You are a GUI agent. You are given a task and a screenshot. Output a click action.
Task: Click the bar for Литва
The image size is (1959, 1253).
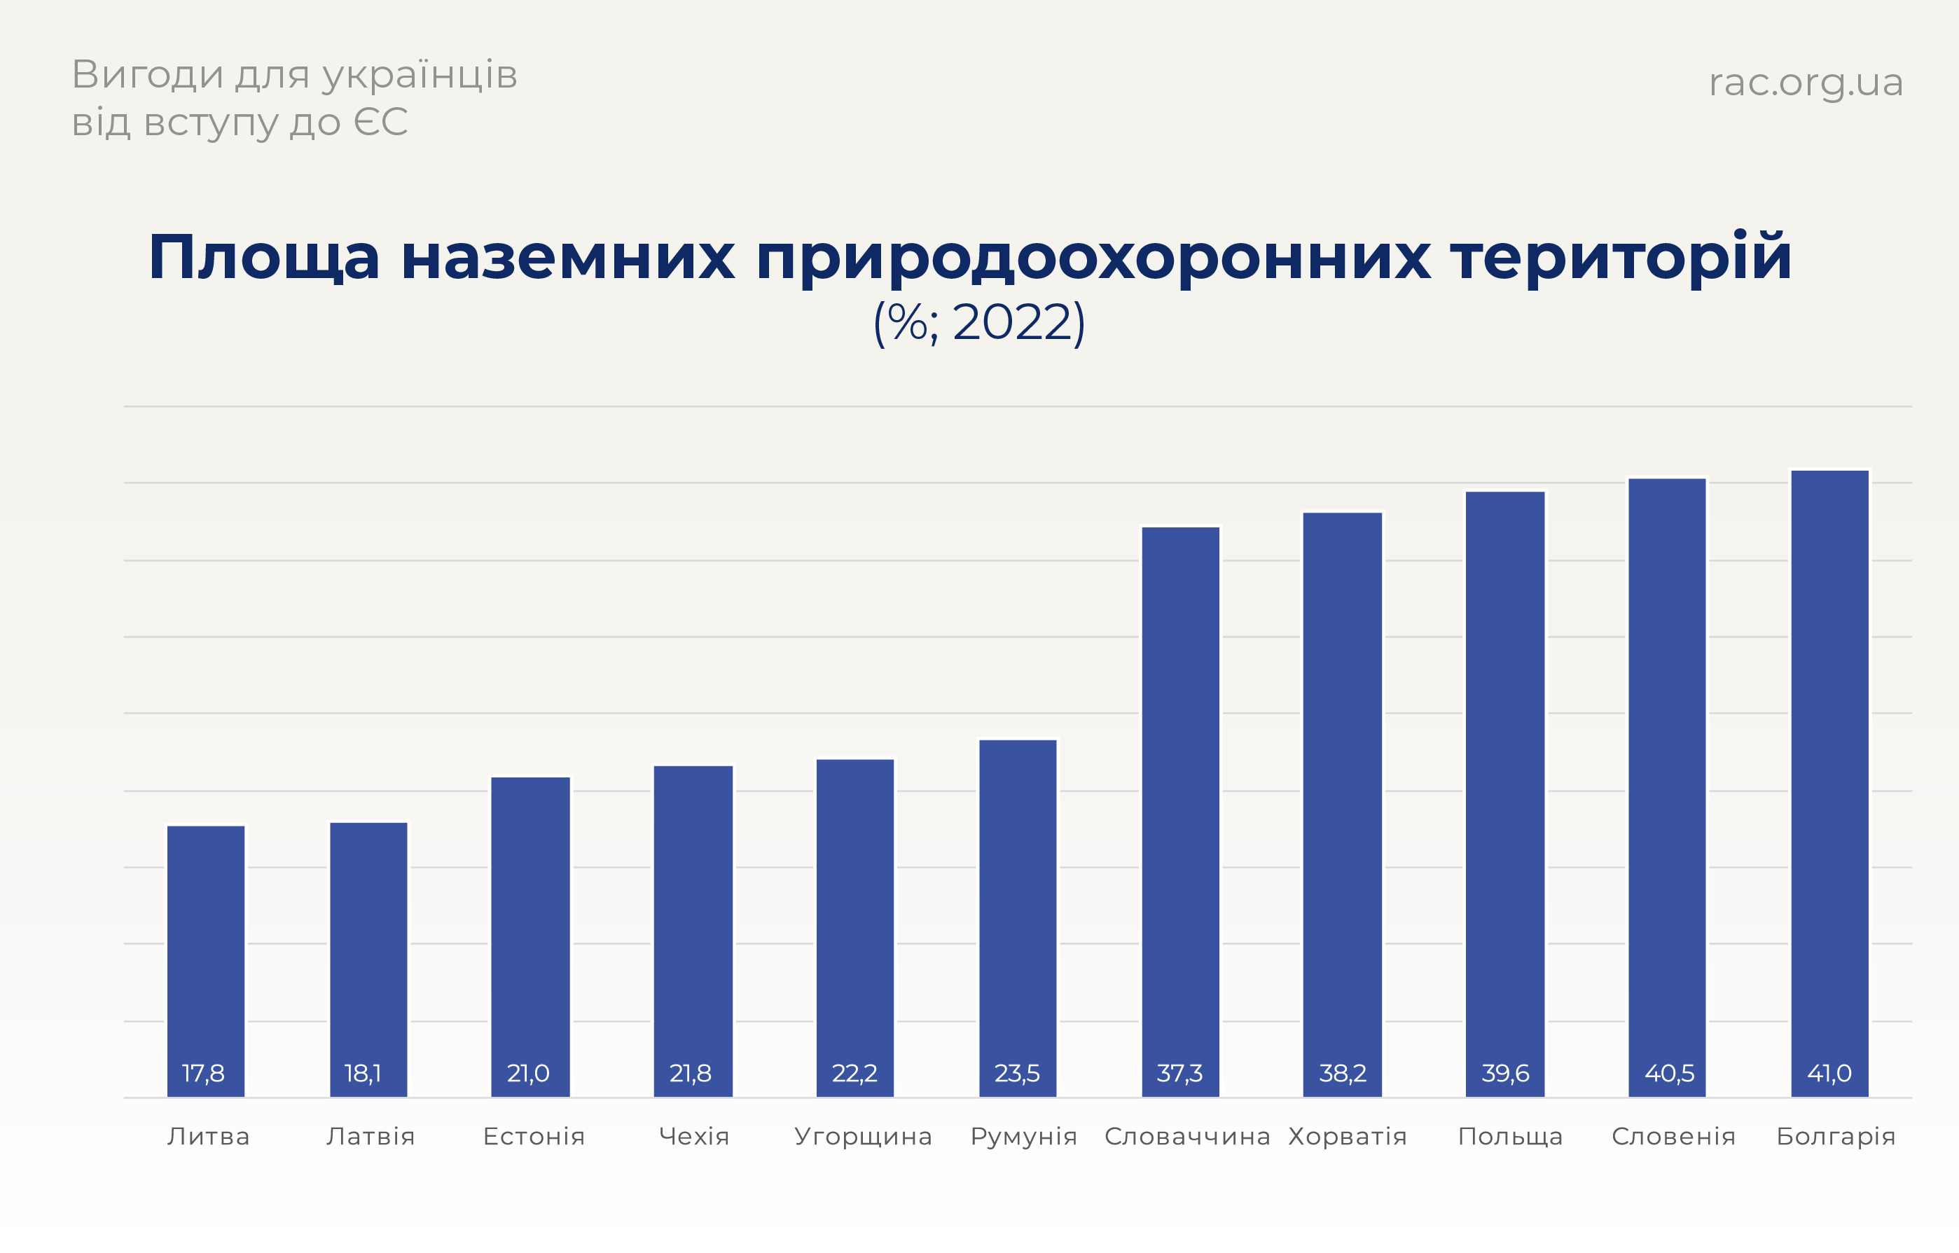coord(206,960)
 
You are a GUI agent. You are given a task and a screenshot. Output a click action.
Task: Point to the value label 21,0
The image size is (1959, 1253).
coord(528,1073)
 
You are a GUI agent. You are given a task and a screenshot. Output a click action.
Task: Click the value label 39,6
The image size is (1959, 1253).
coord(1505,1073)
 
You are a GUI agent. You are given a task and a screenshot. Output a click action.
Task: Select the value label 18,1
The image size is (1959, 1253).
coord(363,1073)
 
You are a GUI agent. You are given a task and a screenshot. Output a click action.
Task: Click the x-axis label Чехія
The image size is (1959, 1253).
coord(694,1136)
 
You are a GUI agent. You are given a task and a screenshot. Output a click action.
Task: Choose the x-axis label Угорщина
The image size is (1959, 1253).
coord(863,1136)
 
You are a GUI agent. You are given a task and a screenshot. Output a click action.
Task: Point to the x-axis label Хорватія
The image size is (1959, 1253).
coord(1348,1136)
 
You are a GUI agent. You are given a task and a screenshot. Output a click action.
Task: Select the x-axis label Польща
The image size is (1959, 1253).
coord(1510,1136)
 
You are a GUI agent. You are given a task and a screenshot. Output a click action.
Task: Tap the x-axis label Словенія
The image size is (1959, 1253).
coord(1673,1136)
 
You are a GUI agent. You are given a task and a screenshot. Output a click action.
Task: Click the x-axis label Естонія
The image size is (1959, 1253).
coord(534,1136)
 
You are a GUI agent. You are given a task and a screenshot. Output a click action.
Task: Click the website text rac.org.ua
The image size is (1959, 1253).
coord(1805,82)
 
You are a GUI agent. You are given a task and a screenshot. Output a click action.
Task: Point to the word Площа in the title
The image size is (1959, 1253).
coord(263,257)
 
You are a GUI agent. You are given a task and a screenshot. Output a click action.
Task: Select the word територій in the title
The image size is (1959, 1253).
coord(1621,257)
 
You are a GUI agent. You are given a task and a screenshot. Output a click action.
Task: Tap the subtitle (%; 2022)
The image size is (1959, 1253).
coord(978,322)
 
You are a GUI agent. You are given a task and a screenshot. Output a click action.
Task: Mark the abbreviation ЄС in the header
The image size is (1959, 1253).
coord(381,123)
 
